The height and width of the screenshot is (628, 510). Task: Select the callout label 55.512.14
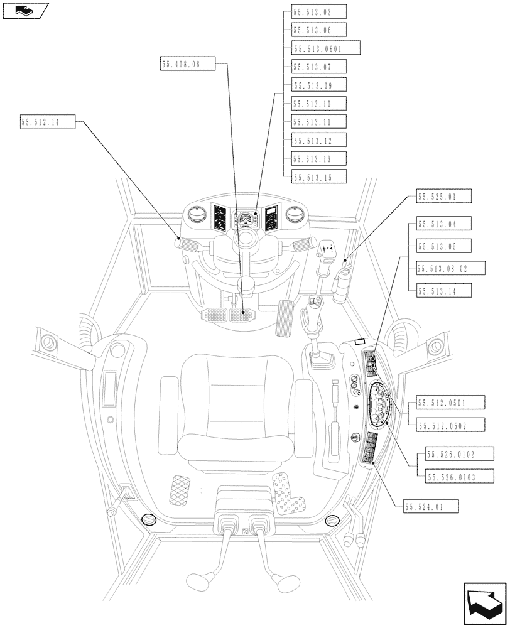[48, 122]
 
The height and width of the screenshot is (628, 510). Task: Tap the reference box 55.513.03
[319, 11]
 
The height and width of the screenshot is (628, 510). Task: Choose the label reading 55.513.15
[319, 177]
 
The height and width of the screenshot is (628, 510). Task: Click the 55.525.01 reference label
[444, 197]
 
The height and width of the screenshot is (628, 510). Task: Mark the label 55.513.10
[319, 104]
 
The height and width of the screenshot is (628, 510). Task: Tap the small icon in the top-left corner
[24, 9]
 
